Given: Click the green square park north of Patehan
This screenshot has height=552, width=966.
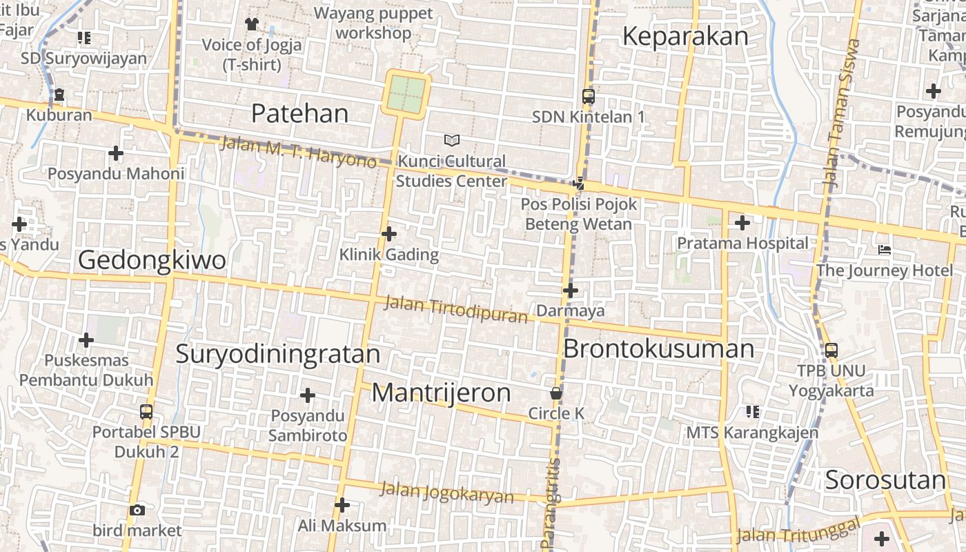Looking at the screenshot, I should coord(406,95).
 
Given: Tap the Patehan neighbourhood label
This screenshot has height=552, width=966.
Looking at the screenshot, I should coord(299,113).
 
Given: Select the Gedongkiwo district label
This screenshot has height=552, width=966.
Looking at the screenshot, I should coord(152,260).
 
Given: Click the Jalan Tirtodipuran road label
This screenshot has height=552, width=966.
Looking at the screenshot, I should coord(455,309).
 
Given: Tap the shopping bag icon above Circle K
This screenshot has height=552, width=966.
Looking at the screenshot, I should coord(556,393).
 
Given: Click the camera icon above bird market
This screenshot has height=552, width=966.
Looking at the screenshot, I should coord(137,511).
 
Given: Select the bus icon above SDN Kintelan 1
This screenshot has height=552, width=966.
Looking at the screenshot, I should coord(588,97).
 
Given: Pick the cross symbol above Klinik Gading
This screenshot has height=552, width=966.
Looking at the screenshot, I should coord(389,234).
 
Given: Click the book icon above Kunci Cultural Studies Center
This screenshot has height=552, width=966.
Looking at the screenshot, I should coord(451,141).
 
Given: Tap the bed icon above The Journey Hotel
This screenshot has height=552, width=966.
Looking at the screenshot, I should coord(885,249).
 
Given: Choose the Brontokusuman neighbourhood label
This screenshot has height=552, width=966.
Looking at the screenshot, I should coord(658,348).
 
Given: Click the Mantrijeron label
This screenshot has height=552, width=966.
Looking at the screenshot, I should coord(441,393).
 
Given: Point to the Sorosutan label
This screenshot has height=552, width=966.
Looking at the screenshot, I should coord(885,480).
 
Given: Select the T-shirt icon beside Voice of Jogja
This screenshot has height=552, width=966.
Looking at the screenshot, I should coord(251,24).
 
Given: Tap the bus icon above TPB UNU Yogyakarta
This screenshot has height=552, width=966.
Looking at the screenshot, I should coord(831,350).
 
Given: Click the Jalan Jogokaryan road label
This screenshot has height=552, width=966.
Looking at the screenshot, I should coord(447,493).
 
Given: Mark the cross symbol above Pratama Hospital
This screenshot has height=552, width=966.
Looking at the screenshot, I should coord(742,223).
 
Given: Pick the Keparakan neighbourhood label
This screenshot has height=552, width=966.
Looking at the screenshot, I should coord(685,36).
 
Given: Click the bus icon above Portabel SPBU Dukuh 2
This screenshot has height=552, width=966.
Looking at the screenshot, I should coord(146,412).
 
